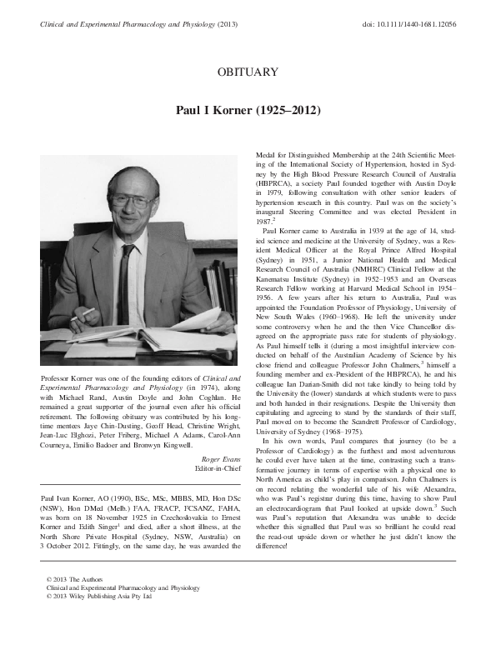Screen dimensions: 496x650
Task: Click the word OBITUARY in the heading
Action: pyautogui.click(x=248, y=72)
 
